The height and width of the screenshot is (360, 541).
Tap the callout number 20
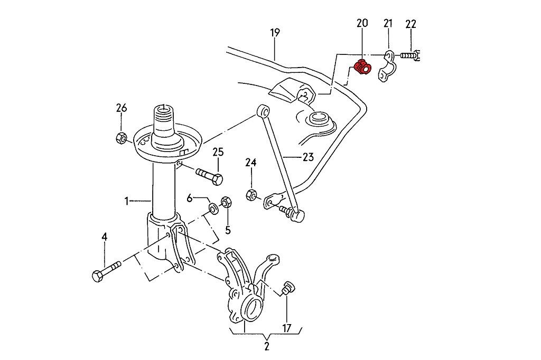click(x=362, y=23)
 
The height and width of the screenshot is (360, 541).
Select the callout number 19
click(x=274, y=33)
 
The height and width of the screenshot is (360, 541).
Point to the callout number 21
click(x=388, y=23)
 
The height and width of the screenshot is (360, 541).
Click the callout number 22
click(x=411, y=24)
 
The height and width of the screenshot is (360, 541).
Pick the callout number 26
click(x=122, y=108)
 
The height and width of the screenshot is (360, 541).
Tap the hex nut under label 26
click(x=120, y=138)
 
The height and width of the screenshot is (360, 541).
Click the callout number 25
click(x=218, y=153)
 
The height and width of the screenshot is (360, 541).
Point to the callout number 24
click(x=250, y=163)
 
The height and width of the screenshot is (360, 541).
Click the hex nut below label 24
click(x=251, y=195)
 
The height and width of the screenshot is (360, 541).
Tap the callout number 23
click(x=308, y=157)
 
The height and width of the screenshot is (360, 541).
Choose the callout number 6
click(x=190, y=198)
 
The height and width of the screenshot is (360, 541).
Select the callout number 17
click(x=287, y=328)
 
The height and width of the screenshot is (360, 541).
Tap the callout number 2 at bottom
click(x=267, y=347)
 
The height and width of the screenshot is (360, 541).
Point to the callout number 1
click(x=126, y=201)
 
